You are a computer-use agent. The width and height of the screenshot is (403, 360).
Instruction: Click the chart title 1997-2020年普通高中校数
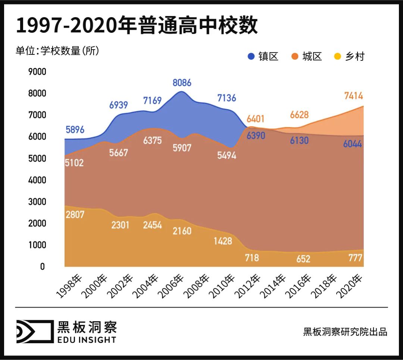click(137, 26)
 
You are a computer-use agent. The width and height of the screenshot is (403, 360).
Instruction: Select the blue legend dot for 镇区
click(252, 56)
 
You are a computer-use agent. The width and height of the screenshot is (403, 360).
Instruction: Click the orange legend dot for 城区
click(294, 56)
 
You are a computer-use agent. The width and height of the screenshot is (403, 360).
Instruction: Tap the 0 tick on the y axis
click(42, 267)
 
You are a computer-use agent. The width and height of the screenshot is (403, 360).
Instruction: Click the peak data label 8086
click(182, 82)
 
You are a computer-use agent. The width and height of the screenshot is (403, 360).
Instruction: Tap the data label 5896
click(75, 130)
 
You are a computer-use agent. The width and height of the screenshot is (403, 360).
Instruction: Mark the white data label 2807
click(75, 215)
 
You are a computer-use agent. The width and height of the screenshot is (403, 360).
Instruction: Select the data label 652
click(303, 259)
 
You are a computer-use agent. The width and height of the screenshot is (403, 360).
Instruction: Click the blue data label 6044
click(353, 144)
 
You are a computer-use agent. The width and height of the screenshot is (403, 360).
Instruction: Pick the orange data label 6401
click(255, 119)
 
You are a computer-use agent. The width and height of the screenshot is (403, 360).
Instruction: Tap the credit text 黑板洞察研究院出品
click(345, 332)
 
